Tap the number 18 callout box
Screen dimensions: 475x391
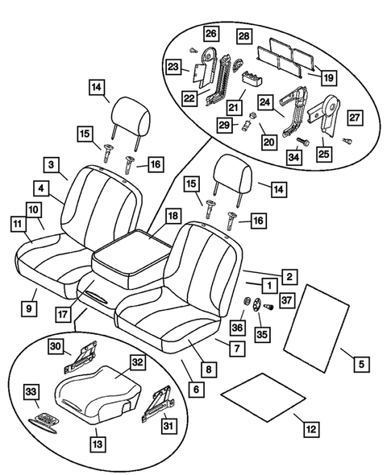[173, 216]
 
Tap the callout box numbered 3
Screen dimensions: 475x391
[52, 166]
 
